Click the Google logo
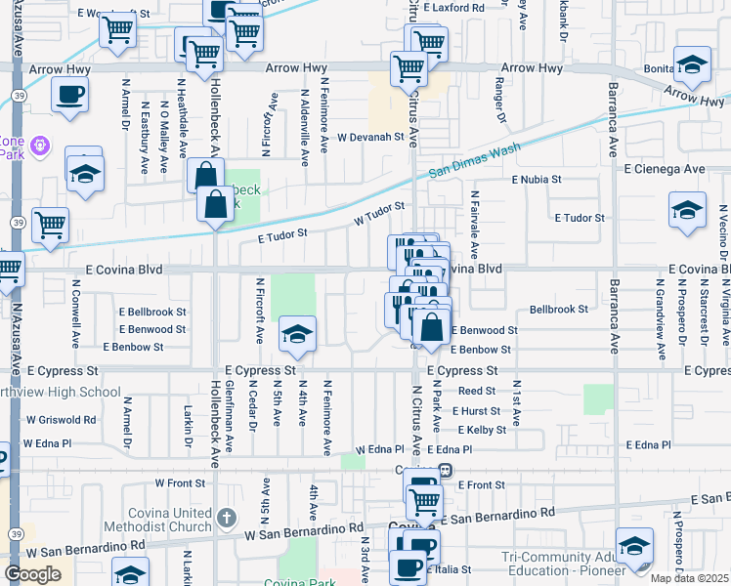pos(32,573)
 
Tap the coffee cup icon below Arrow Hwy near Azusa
pos(69,96)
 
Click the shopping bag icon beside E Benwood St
pos(431,330)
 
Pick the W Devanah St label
pos(371,138)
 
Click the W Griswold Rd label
pos(61,420)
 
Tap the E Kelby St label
pos(480,430)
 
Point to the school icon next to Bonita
pos(693,65)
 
